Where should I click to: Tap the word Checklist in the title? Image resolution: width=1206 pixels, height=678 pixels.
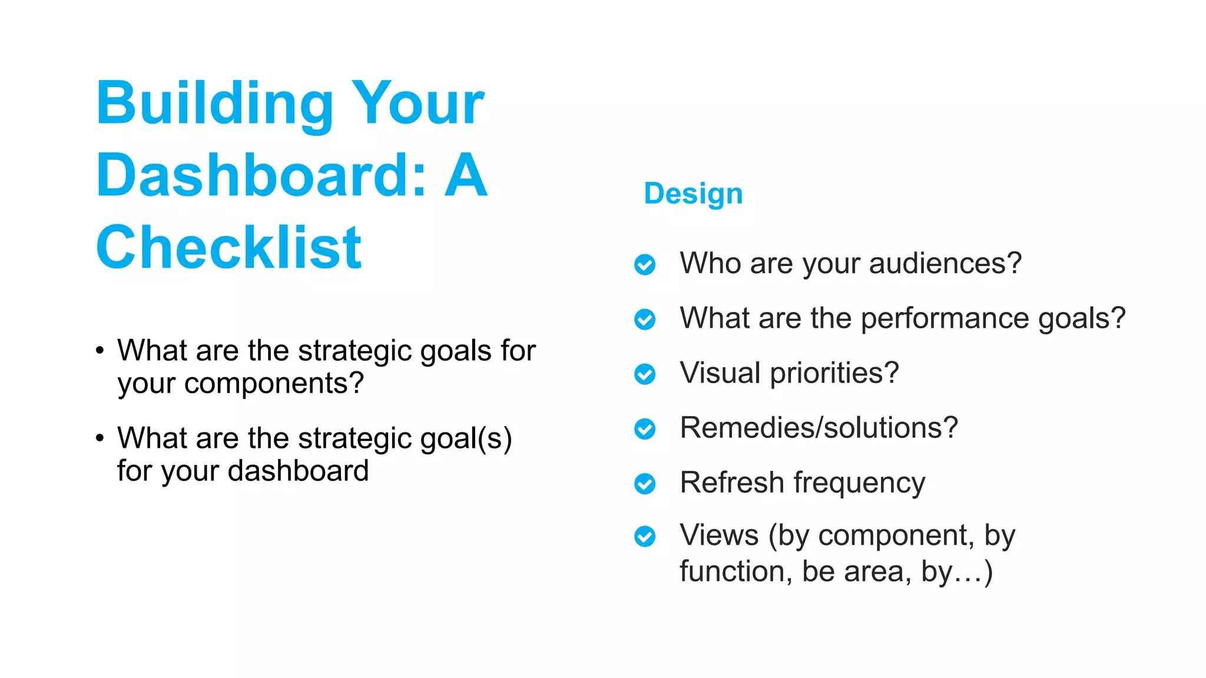(228, 248)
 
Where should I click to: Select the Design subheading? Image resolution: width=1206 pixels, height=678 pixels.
(693, 194)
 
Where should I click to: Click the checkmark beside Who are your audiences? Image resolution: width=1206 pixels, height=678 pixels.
(645, 264)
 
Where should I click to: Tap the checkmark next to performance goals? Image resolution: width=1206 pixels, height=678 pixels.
(645, 319)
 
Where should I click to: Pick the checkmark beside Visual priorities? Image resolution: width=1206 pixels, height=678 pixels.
(645, 374)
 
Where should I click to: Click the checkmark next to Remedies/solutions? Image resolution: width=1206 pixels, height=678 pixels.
(645, 428)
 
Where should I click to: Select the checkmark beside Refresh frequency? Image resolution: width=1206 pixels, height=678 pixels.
(645, 483)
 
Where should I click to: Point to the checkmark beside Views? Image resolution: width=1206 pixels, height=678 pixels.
(645, 536)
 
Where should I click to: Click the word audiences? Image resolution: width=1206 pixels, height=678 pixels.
(945, 263)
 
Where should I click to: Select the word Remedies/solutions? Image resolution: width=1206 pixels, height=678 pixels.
(819, 428)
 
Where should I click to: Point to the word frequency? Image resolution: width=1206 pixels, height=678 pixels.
(859, 483)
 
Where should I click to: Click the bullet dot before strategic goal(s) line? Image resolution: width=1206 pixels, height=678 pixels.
(100, 438)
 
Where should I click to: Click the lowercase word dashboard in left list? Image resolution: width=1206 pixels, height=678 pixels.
(298, 471)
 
